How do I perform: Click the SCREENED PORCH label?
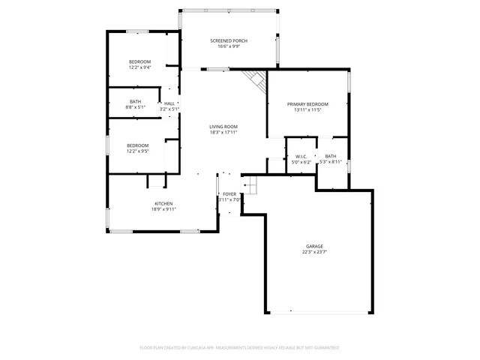click(x=229, y=40)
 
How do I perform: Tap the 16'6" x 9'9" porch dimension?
click(x=229, y=46)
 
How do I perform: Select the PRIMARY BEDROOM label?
click(x=307, y=104)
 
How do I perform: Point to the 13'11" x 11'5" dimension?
click(x=307, y=110)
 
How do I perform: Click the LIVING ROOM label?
click(x=223, y=127)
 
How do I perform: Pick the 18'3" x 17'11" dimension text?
click(x=223, y=133)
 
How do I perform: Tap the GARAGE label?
click(x=314, y=246)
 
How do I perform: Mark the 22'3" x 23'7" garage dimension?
click(x=314, y=252)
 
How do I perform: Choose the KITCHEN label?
click(x=164, y=204)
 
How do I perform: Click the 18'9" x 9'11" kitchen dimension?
click(x=164, y=210)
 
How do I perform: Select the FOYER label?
click(x=229, y=194)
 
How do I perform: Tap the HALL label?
click(x=169, y=103)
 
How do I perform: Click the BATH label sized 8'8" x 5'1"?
click(x=136, y=101)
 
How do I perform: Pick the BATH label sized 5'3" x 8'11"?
click(x=331, y=156)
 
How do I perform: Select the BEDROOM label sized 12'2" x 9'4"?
click(x=139, y=61)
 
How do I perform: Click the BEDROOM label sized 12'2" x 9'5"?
click(x=137, y=145)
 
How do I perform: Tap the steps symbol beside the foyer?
click(x=250, y=184)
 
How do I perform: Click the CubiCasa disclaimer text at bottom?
click(x=239, y=348)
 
